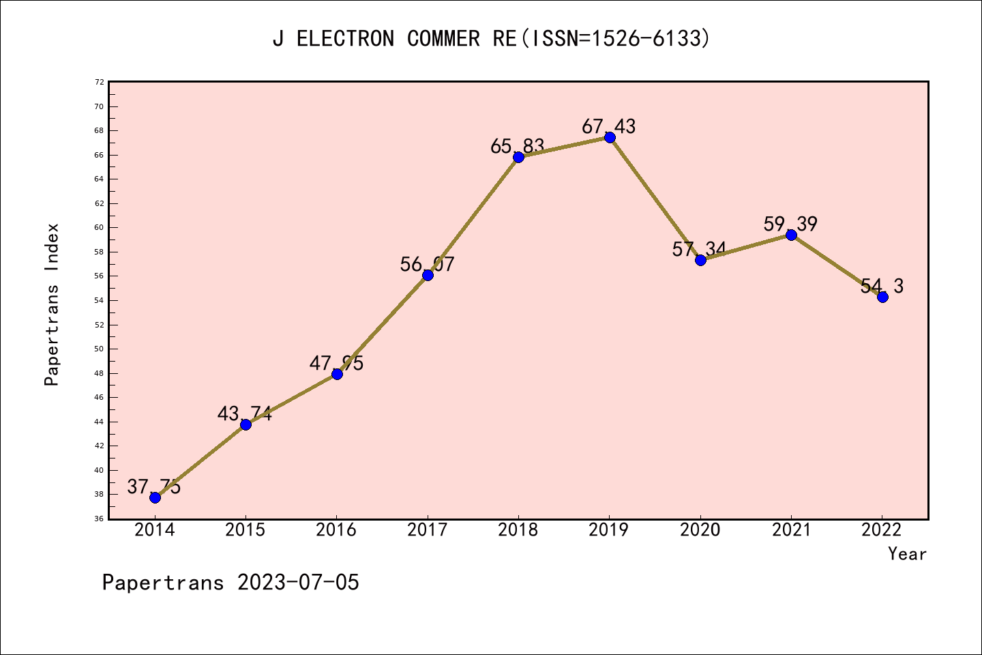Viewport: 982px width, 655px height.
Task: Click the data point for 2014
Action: coord(155,497)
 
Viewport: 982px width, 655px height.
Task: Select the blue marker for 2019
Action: coord(610,137)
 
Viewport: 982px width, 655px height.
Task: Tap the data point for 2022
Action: coord(882,297)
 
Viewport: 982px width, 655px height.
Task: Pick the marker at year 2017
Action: coord(428,275)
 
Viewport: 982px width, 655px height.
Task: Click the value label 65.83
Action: coord(518,146)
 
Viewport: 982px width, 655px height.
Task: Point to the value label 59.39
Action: coord(790,224)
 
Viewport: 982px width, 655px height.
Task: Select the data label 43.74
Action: coord(245,413)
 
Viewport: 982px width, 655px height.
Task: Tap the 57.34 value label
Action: coord(699,249)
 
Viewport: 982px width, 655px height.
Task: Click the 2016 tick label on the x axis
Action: coord(336,530)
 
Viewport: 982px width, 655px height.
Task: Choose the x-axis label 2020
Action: coord(700,530)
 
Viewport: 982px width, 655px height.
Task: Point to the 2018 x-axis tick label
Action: coord(518,530)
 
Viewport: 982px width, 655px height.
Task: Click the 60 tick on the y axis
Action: coord(100,228)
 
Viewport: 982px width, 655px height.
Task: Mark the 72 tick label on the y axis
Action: coord(100,82)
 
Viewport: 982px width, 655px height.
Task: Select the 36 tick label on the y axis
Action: coord(100,519)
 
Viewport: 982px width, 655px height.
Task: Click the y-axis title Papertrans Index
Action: coord(52,304)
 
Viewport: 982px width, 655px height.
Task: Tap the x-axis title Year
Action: coord(907,554)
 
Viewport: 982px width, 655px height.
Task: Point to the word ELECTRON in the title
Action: coord(345,39)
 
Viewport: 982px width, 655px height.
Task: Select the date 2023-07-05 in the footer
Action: coord(298,583)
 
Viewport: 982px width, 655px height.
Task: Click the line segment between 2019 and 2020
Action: coord(655,199)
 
